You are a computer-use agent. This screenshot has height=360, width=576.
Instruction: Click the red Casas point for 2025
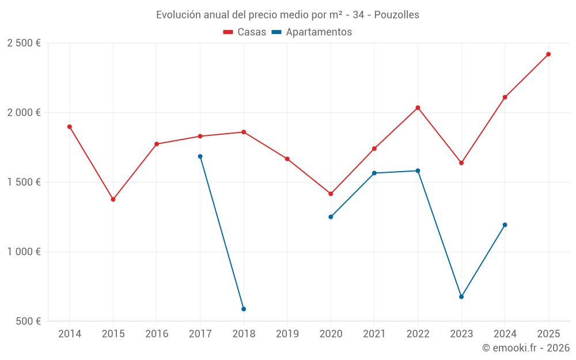pyautogui.click(x=548, y=54)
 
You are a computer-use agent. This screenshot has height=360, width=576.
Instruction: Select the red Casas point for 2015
pyautogui.click(x=113, y=199)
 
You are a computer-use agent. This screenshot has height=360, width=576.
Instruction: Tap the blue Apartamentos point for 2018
pyautogui.click(x=244, y=309)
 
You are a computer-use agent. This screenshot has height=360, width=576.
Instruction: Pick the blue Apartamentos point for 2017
pyautogui.click(x=200, y=157)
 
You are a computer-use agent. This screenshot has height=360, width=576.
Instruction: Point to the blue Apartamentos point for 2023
pyautogui.click(x=461, y=297)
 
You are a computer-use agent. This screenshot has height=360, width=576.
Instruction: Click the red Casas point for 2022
pyautogui.click(x=418, y=108)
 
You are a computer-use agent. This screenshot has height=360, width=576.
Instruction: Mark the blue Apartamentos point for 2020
pyautogui.click(x=331, y=217)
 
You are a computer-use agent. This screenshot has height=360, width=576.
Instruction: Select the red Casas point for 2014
pyautogui.click(x=70, y=127)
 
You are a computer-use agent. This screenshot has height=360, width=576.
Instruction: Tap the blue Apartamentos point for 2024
pyautogui.click(x=505, y=225)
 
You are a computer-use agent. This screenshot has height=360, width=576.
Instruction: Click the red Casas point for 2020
pyautogui.click(x=331, y=194)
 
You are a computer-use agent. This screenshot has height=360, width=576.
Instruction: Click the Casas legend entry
pyautogui.click(x=245, y=32)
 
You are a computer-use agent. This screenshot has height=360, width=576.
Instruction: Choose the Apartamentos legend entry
pyautogui.click(x=312, y=32)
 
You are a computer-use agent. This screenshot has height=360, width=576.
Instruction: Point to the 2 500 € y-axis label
pyautogui.click(x=24, y=43)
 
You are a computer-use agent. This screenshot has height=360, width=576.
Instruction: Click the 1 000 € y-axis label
pyautogui.click(x=24, y=252)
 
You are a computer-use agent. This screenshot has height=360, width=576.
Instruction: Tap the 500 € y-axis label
pyautogui.click(x=28, y=321)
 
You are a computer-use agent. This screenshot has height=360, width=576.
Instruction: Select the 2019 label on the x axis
pyautogui.click(x=287, y=334)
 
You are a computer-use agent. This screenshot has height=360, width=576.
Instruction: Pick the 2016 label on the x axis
pyautogui.click(x=157, y=334)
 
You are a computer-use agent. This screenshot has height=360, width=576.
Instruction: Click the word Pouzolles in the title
pyautogui.click(x=397, y=15)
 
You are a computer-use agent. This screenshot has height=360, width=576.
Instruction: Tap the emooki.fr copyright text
pyautogui.click(x=526, y=348)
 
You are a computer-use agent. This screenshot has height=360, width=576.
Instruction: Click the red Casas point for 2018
pyautogui.click(x=244, y=132)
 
